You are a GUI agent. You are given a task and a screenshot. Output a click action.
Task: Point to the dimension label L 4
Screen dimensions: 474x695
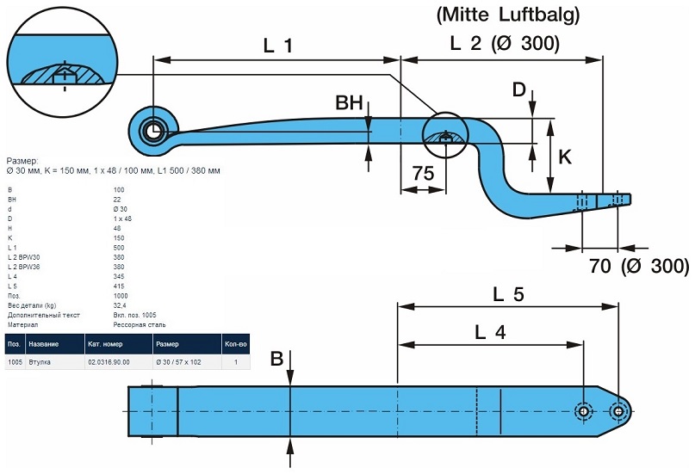click(489, 331)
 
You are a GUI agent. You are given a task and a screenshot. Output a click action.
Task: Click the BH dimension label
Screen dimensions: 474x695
click(349, 103)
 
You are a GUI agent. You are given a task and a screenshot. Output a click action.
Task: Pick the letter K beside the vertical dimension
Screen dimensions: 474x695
click(565, 157)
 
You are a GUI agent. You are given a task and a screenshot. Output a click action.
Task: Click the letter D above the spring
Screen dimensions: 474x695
click(518, 89)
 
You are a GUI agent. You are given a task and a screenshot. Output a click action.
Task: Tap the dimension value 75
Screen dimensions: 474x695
click(422, 173)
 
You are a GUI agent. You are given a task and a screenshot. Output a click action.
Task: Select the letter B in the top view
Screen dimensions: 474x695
click(276, 359)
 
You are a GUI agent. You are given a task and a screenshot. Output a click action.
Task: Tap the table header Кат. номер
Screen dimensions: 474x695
click(108, 343)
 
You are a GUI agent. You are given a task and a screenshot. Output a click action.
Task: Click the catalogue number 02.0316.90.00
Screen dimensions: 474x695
click(109, 363)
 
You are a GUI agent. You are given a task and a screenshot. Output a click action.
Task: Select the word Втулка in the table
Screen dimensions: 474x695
click(40, 363)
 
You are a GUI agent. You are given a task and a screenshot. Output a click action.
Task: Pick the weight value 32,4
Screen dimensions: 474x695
click(120, 305)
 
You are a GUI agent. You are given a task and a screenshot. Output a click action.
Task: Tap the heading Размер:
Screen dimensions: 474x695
click(22, 161)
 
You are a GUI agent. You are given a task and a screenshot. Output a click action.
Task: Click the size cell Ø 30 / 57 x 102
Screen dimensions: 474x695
click(178, 363)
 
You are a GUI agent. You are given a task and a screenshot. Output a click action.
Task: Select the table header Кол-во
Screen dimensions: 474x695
click(235, 343)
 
